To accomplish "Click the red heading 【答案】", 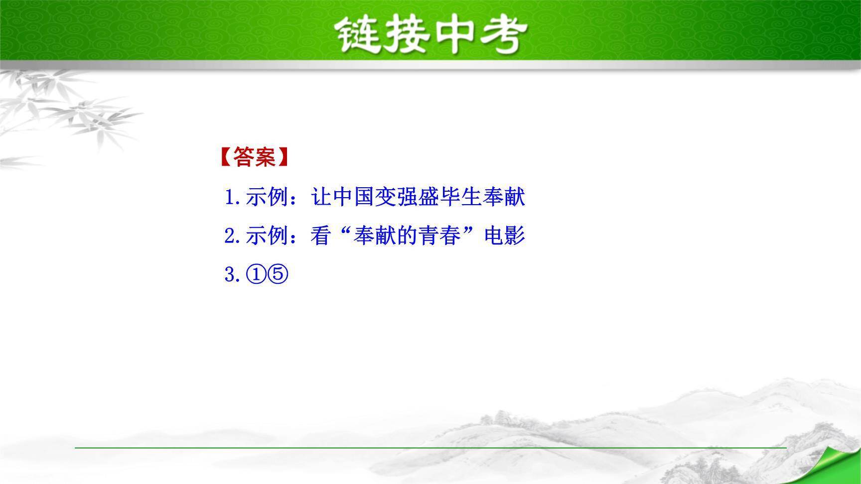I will pyautogui.click(x=254, y=157).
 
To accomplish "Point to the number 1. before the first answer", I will pyautogui.click(x=233, y=197).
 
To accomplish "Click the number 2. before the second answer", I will pyautogui.click(x=233, y=236).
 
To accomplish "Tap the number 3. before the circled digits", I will pyautogui.click(x=233, y=275).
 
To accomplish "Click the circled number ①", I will pyautogui.click(x=256, y=275).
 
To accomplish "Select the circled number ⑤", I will pyautogui.click(x=278, y=275).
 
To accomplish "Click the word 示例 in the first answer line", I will pyautogui.click(x=267, y=197).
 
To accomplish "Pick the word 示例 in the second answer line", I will pyautogui.click(x=267, y=236).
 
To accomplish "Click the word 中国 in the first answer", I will pyautogui.click(x=354, y=197).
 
